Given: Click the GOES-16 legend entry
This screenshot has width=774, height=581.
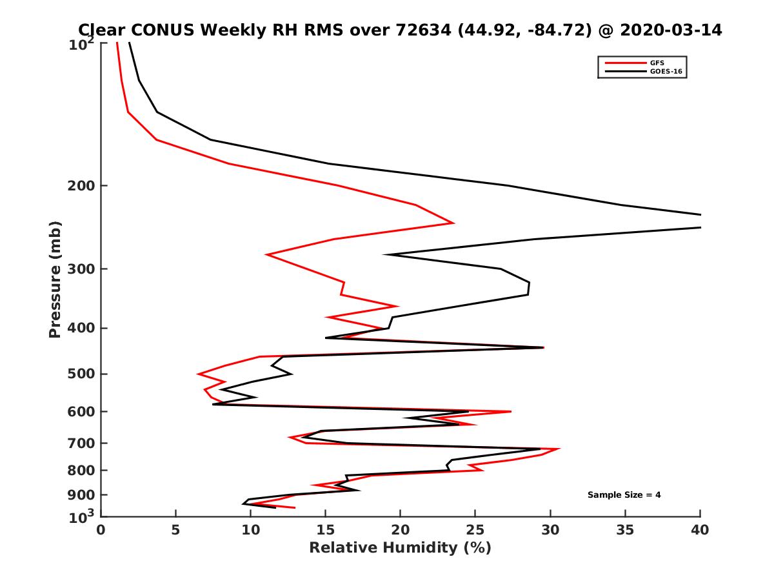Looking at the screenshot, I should pyautogui.click(x=664, y=71).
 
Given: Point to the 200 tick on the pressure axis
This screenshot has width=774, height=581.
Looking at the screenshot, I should pyautogui.click(x=81, y=186).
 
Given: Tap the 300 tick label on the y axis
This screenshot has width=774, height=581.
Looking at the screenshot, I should pyautogui.click(x=81, y=269).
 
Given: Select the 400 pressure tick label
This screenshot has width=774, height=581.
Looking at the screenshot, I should pyautogui.click(x=81, y=328).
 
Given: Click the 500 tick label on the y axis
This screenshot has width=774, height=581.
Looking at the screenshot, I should pyautogui.click(x=81, y=374).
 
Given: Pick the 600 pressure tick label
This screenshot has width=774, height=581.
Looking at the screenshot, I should pyautogui.click(x=81, y=411).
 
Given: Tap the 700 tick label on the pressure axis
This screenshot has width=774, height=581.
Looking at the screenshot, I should pyautogui.click(x=81, y=443).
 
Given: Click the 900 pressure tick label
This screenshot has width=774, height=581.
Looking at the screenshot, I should pyautogui.click(x=81, y=495).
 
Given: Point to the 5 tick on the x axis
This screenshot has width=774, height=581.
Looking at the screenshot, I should pyautogui.click(x=175, y=530).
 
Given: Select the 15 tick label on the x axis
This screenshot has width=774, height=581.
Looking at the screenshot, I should pyautogui.click(x=325, y=530).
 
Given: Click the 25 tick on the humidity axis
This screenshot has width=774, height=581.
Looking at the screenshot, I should pyautogui.click(x=475, y=530).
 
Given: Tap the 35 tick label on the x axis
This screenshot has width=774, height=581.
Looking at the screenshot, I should pyautogui.click(x=625, y=530).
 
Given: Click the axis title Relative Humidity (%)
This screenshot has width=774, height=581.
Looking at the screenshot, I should pyautogui.click(x=400, y=548).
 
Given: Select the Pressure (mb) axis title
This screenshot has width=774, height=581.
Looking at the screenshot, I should pyautogui.click(x=55, y=280).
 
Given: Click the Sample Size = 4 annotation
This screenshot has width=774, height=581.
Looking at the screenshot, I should pyautogui.click(x=624, y=495).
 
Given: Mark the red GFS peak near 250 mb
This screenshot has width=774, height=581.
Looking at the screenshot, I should pyautogui.click(x=453, y=223).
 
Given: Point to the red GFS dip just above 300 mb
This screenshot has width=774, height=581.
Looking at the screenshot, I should pyautogui.click(x=267, y=255).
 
